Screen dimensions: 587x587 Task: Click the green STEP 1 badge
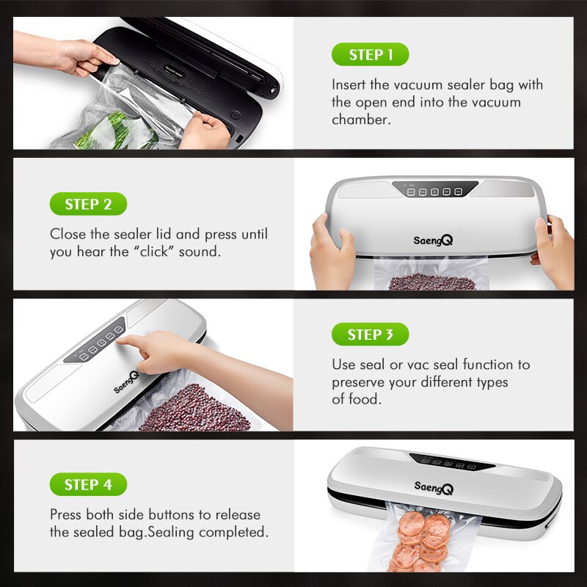point(370,55)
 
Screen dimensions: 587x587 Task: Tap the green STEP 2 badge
point(88,204)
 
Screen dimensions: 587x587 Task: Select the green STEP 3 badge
point(370,335)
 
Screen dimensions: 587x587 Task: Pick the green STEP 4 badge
point(88,484)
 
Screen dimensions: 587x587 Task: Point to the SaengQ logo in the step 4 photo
point(434,487)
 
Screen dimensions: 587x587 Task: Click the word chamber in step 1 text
point(359,120)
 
